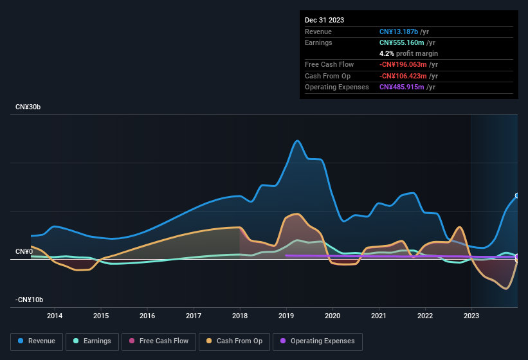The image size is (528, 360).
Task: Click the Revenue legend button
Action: pyautogui.click(x=37, y=341)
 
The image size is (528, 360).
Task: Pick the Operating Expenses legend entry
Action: pyautogui.click(x=318, y=341)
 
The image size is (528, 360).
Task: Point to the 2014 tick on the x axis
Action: pyautogui.click(x=55, y=316)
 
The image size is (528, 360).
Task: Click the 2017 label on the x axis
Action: pyautogui.click(x=194, y=316)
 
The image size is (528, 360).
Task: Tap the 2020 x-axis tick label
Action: pyautogui.click(x=332, y=316)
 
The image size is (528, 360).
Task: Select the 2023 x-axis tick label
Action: pyautogui.click(x=471, y=316)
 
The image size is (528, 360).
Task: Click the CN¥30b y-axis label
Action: pyautogui.click(x=28, y=107)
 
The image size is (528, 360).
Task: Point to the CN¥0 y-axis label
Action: pyautogui.click(x=24, y=251)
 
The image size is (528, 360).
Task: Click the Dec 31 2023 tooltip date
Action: pyautogui.click(x=324, y=20)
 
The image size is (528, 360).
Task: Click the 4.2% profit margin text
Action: pyautogui.click(x=408, y=53)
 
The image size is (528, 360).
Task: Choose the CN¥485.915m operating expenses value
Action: pyautogui.click(x=405, y=87)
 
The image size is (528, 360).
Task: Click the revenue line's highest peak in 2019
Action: pyautogui.click(x=297, y=141)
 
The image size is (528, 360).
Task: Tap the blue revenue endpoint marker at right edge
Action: pyautogui.click(x=517, y=195)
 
